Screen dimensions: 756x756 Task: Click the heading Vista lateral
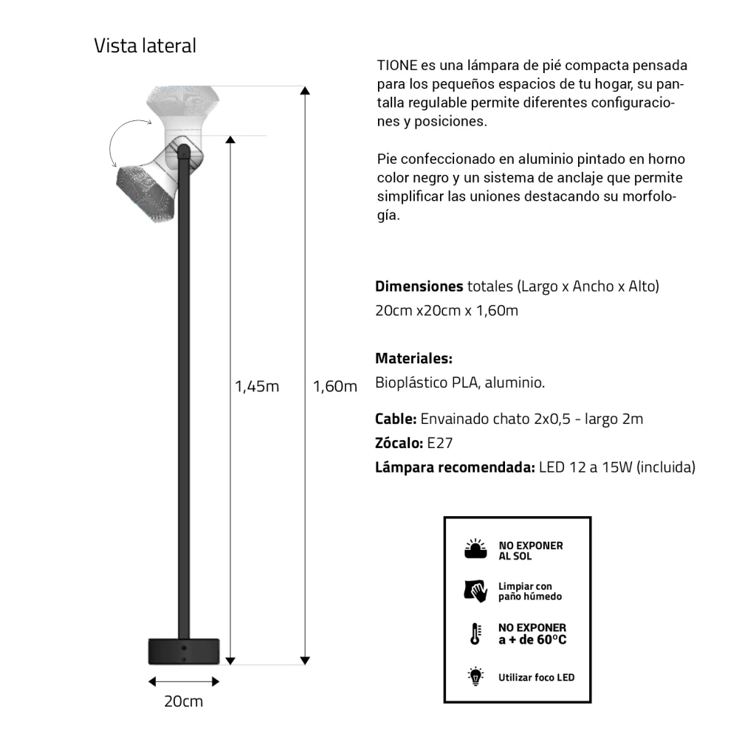(145, 46)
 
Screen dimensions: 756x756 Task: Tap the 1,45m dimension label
(257, 386)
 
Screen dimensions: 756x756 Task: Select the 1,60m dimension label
(334, 386)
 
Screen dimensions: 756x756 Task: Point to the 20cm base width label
(183, 701)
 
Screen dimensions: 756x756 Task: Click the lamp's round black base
(184, 650)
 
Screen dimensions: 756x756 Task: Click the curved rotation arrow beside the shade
(120, 144)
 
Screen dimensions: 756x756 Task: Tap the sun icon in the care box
(476, 549)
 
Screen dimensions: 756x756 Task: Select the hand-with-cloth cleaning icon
(476, 590)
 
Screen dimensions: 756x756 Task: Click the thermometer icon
(476, 633)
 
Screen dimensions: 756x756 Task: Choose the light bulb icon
(476, 676)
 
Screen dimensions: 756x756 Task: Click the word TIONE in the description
(397, 65)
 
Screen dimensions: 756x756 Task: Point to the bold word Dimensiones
(419, 286)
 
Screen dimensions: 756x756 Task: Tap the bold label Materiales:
(413, 359)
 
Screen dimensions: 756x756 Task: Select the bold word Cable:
(396, 419)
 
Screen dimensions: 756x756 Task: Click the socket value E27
(439, 444)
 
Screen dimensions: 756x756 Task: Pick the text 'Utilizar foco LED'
(536, 677)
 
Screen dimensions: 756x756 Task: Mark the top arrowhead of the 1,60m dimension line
(305, 91)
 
